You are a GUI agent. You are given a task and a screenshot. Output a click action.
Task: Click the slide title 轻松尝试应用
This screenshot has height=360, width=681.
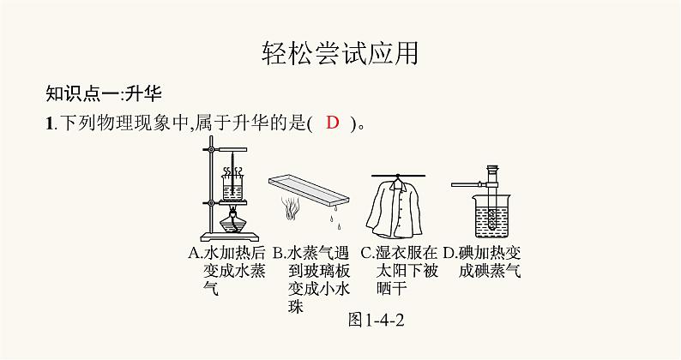pyautogui.click(x=340, y=54)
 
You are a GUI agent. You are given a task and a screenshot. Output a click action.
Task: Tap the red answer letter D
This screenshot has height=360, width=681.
pyautogui.click(x=334, y=123)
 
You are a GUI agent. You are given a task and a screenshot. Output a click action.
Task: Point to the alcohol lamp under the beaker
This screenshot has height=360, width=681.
pyautogui.click(x=231, y=222)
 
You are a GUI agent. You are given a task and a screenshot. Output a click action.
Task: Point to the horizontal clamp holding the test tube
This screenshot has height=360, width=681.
pyautogui.click(x=466, y=184)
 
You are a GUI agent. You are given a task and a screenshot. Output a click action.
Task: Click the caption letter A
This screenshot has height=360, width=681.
pyautogui.click(x=193, y=254)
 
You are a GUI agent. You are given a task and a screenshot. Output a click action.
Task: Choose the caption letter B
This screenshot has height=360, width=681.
pyautogui.click(x=278, y=254)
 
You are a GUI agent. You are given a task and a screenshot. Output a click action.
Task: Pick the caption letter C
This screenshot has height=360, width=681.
pyautogui.click(x=366, y=254)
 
